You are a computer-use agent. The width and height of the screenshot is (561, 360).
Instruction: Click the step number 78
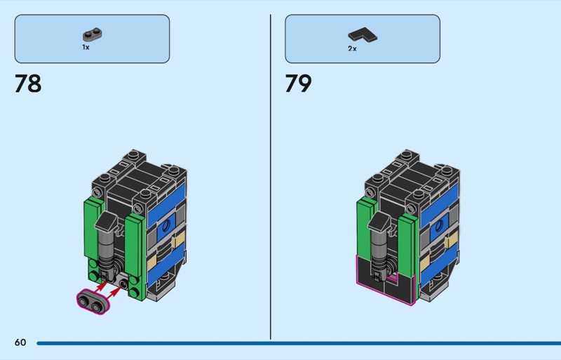click(x=28, y=84)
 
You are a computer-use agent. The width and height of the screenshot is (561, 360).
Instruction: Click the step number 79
click(x=298, y=84)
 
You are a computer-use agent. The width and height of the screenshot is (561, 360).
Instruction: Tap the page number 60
click(x=20, y=342)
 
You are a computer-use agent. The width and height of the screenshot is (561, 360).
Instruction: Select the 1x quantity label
click(x=86, y=47)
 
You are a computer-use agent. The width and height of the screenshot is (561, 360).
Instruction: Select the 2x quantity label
click(x=352, y=48)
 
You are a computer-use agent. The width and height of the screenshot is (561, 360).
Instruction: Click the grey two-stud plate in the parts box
click(x=93, y=35)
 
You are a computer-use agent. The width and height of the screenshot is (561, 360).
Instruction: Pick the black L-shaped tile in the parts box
click(x=363, y=35)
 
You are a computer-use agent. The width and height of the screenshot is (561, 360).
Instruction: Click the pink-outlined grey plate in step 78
click(x=93, y=302)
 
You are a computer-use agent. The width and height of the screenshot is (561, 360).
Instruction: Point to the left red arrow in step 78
click(x=102, y=287)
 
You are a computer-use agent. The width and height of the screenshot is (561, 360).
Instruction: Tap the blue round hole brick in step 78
click(x=166, y=227)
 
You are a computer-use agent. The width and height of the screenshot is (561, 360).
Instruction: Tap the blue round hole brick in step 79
click(x=439, y=226)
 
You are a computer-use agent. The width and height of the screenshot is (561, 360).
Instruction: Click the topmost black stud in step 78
click(x=133, y=154)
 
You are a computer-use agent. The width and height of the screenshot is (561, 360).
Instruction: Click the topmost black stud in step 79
click(x=407, y=154)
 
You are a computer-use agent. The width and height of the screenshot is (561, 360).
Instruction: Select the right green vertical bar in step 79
click(x=407, y=246)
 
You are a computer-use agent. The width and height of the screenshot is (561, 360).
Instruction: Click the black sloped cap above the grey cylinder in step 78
click(x=107, y=220)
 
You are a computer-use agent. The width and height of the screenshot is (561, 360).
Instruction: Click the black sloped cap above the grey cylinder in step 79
click(x=379, y=220)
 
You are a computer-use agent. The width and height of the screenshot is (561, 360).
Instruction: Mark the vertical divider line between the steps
click(x=271, y=177)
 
